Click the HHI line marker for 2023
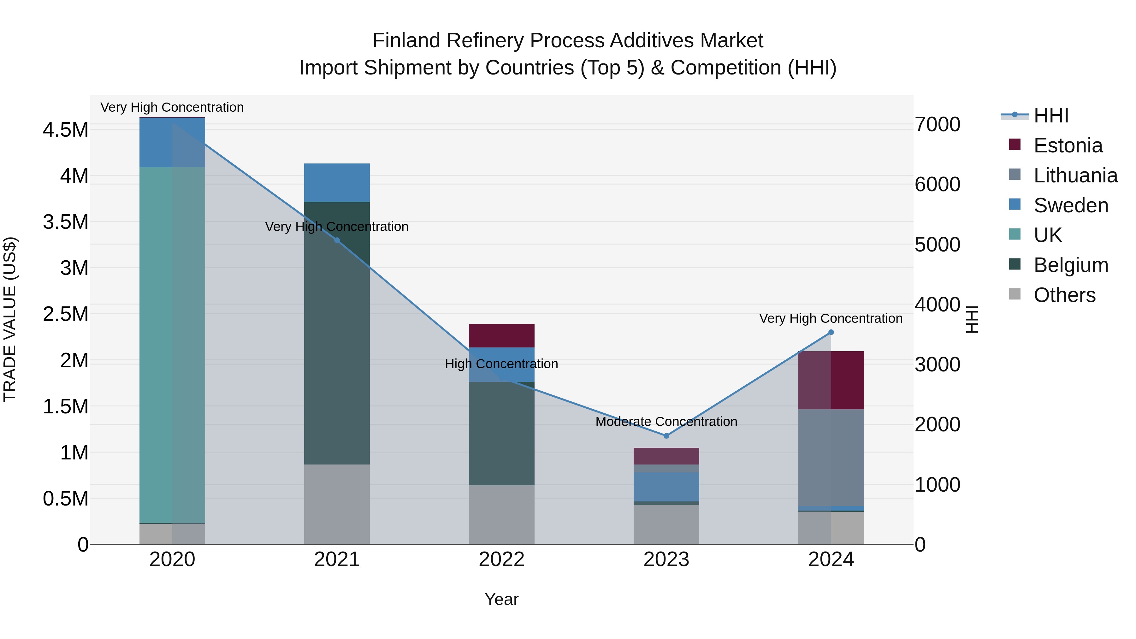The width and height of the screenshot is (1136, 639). point(666,436)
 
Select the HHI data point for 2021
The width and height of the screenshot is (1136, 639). point(337,240)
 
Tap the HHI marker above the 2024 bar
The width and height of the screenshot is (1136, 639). point(831,333)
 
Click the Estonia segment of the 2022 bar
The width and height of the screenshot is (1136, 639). point(501,336)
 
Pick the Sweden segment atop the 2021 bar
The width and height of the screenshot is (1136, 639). point(337,183)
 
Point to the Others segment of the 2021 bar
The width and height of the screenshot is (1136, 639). point(337,504)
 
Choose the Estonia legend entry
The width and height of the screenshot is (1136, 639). point(1068,145)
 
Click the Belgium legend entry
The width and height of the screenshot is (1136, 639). point(1070,265)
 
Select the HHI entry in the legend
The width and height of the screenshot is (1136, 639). point(1051,115)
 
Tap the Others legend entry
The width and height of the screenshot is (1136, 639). point(1064,295)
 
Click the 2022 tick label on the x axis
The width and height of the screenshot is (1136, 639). point(501,559)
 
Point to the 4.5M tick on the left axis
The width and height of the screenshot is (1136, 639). point(66,130)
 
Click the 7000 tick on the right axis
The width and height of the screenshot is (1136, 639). point(937,124)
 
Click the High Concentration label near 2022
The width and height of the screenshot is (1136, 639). point(501,364)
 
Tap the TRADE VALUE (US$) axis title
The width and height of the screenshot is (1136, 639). point(10,319)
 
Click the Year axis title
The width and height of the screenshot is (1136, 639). point(501,599)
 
